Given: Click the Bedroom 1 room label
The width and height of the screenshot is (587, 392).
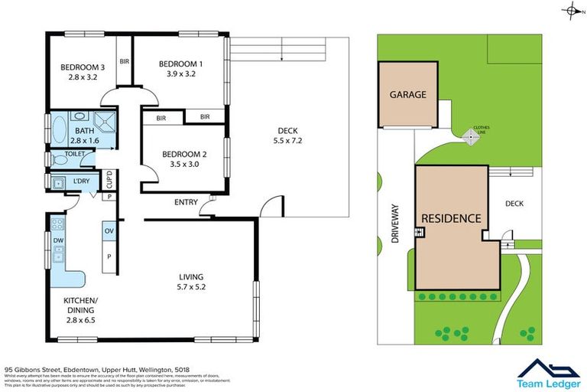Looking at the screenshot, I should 180,64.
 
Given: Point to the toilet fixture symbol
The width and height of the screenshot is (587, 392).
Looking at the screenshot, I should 51,158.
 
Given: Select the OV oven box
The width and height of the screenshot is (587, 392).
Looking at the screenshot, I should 109,230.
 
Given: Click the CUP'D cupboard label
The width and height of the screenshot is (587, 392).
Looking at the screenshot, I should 109,180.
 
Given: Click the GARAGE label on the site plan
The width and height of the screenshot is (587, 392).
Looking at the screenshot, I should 407,95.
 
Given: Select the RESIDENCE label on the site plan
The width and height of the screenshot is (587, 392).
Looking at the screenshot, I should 450,218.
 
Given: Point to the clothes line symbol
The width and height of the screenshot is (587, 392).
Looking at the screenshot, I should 468,136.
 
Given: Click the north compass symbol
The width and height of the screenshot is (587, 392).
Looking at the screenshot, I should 570,11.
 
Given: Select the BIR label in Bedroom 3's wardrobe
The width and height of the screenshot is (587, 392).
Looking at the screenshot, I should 124,61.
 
